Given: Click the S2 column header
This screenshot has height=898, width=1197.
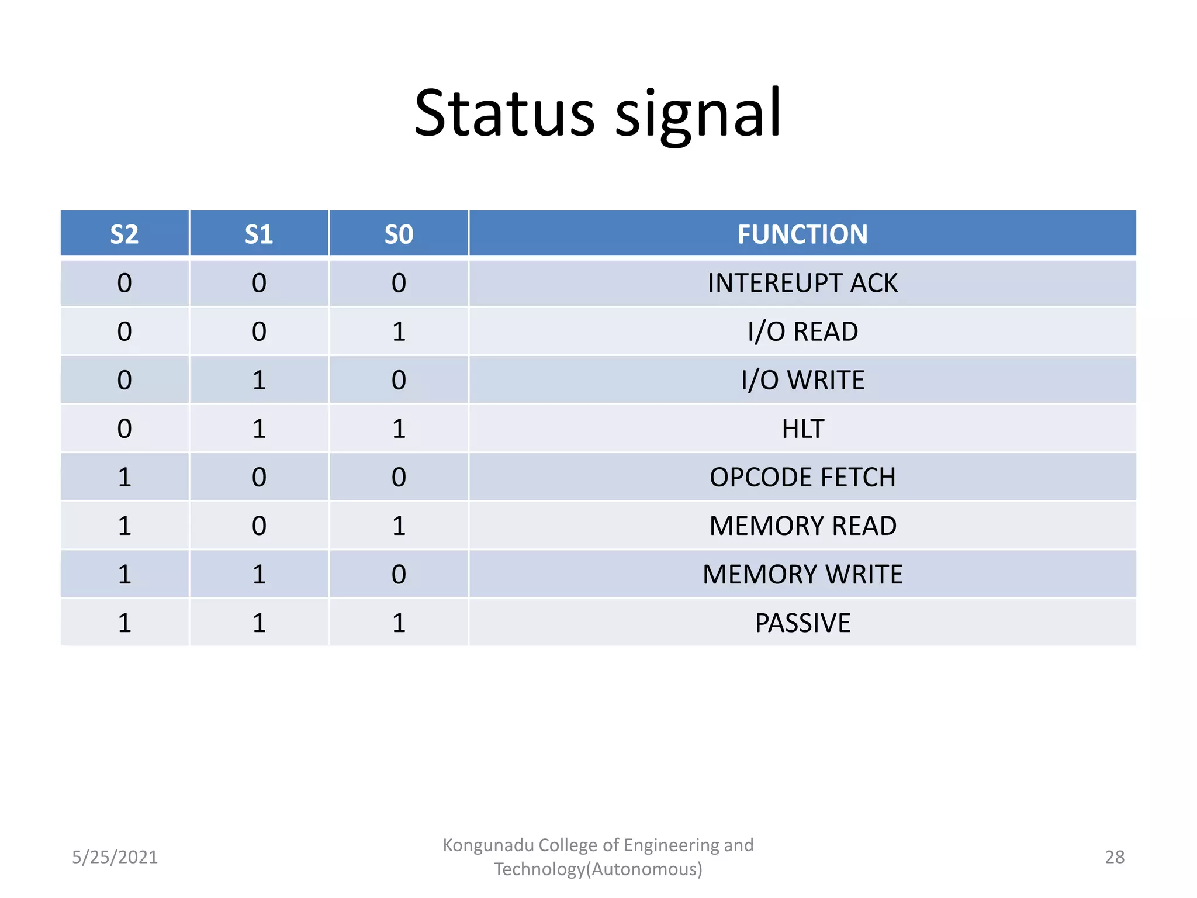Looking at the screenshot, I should tap(124, 234).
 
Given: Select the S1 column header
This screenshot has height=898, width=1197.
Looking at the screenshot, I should tap(259, 234).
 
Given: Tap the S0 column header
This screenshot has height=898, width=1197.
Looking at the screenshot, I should tap(399, 234).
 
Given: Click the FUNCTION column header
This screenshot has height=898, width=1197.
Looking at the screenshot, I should tap(802, 234).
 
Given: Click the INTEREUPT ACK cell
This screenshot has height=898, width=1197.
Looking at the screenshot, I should tap(802, 284).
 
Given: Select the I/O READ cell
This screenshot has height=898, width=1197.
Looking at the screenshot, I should tap(802, 332).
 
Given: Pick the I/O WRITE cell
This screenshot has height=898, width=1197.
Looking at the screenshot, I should tap(802, 381).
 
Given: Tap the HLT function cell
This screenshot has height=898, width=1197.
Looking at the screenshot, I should tap(802, 429).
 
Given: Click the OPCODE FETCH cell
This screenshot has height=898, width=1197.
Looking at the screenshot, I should tap(802, 478).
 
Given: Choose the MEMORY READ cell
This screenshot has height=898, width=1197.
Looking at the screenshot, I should tap(802, 526).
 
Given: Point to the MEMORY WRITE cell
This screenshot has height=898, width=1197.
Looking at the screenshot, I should tap(802, 575).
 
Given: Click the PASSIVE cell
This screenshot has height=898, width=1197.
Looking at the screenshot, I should tap(802, 623).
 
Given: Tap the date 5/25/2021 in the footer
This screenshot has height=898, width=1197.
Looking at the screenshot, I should tap(115, 857).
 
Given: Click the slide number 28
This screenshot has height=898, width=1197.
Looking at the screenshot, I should tap(1114, 857).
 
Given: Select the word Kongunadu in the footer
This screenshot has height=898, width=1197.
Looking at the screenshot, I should tap(487, 845).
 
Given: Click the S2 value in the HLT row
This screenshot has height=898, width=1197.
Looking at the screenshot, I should tap(124, 429).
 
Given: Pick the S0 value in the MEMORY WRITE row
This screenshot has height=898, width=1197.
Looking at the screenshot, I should tap(399, 575).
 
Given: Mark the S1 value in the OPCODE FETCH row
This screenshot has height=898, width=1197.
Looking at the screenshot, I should tap(259, 478).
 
